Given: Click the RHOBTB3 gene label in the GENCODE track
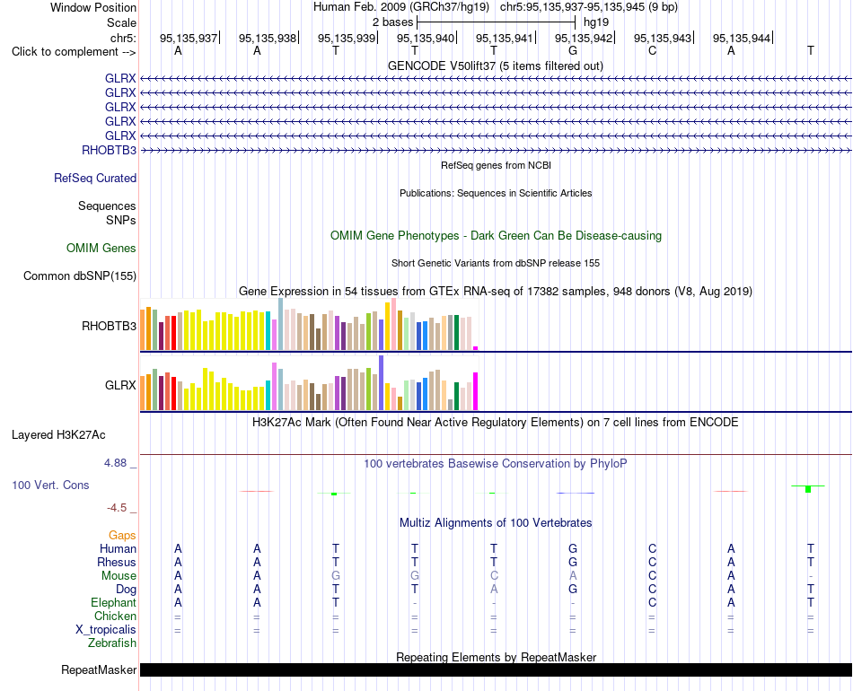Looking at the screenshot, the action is [109, 150].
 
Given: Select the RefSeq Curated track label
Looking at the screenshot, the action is [95, 178].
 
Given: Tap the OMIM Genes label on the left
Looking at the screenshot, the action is [101, 248].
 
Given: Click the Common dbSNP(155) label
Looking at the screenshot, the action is [80, 276].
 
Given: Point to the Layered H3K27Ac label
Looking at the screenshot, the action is [58, 435].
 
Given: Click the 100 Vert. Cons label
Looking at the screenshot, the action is [50, 485].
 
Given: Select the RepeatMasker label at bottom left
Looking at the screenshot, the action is [99, 669].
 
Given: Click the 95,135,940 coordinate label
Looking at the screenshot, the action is [426, 38].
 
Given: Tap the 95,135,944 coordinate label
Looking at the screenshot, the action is [742, 38].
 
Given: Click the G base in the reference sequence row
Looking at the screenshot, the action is [573, 50].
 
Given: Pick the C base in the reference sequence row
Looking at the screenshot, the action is [652, 50].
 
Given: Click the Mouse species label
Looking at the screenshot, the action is [119, 576].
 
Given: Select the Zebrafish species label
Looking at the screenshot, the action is [112, 643].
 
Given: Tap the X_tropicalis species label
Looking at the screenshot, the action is [106, 630].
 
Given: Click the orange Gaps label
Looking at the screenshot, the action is [122, 536].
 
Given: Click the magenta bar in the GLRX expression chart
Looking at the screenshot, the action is [476, 391].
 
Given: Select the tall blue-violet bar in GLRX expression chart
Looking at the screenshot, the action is [382, 382].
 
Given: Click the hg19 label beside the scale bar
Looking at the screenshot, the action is [596, 22].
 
